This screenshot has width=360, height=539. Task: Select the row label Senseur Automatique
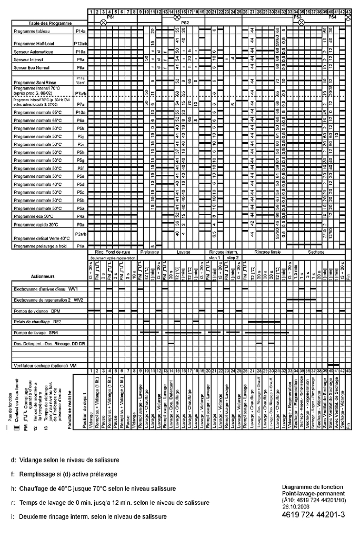(33, 52)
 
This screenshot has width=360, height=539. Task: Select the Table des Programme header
(50, 23)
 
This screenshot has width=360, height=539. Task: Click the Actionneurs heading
(43, 277)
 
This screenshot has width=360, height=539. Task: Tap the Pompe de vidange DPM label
(37, 311)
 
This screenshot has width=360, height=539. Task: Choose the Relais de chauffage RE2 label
(37, 322)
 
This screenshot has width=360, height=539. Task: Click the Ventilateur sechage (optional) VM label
(45, 366)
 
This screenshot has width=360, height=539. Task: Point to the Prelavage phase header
(149, 252)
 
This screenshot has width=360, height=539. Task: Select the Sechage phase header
(316, 252)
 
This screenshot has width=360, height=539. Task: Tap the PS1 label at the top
(111, 16)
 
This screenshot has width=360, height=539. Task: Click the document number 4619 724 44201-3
(313, 515)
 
